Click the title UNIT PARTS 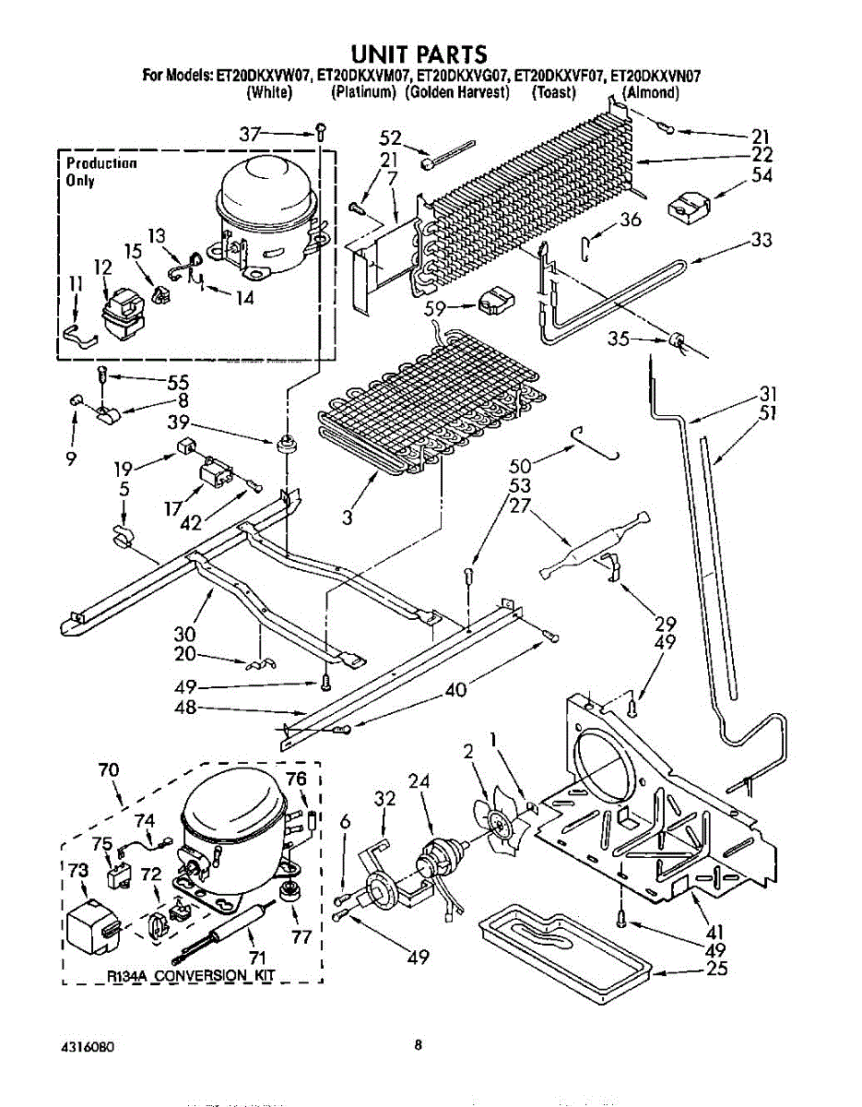point(420,54)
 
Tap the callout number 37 point(251,135)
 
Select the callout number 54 point(762,175)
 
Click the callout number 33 point(761,240)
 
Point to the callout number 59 point(436,311)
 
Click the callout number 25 point(716,968)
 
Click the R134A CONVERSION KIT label point(191,976)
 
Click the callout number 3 point(347,518)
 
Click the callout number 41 point(715,933)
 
